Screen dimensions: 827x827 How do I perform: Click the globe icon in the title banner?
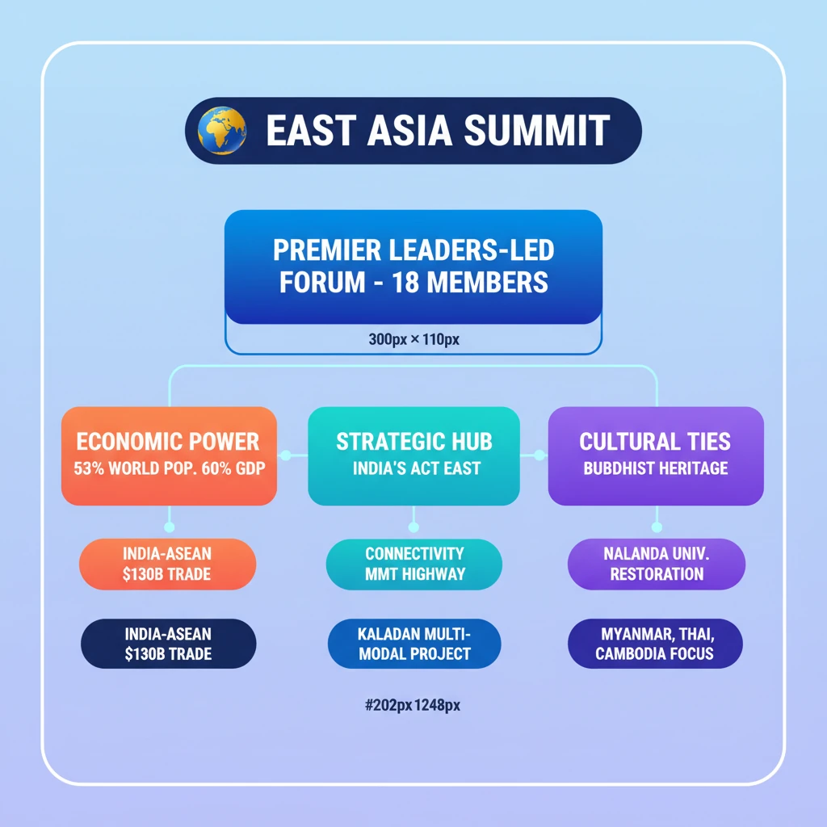222,131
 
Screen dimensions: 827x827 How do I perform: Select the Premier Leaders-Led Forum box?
413,267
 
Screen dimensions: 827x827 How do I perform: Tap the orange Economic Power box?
169,455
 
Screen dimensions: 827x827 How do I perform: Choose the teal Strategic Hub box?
413,455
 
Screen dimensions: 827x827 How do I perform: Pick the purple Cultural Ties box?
655,455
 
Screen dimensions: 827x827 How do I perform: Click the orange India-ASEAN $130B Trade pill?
168,564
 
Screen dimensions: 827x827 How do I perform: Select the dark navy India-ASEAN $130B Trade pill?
168,644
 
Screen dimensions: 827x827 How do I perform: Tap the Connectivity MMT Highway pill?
413,564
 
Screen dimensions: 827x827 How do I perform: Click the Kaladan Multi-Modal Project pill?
413,644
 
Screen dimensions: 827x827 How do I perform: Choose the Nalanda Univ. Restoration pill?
656,564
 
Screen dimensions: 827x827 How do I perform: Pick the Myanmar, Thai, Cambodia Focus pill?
654,644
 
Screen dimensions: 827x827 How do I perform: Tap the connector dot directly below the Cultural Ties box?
656,527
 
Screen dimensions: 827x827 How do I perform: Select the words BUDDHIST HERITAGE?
655,468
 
